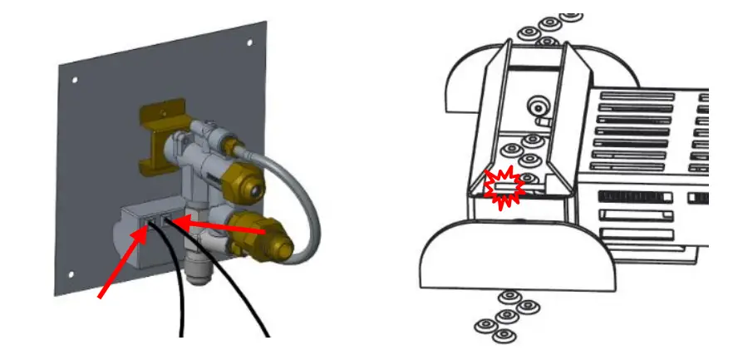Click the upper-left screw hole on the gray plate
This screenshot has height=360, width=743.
click(74, 81)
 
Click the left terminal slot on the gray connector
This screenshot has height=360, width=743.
click(151, 220)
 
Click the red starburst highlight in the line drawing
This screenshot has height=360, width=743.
click(505, 189)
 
